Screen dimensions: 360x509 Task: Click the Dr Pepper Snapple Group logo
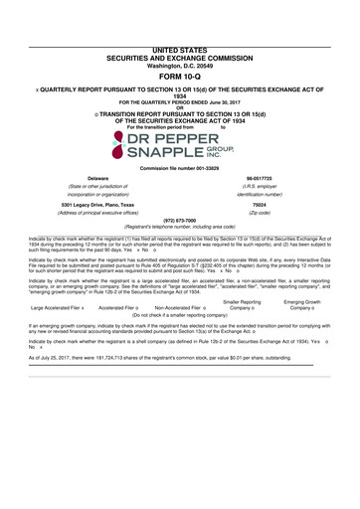coord(179,146)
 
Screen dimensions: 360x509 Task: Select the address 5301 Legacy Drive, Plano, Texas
coord(97,205)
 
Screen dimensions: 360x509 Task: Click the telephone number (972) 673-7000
coord(179,222)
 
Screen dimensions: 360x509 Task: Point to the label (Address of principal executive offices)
coord(97,214)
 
